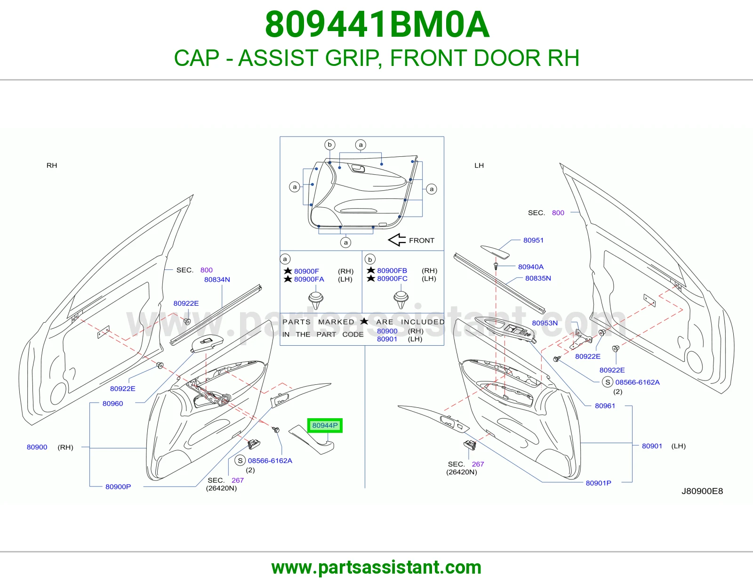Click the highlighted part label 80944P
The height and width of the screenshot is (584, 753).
325,425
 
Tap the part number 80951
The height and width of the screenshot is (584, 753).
533,240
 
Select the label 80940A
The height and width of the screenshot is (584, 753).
530,267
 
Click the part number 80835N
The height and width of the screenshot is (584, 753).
538,278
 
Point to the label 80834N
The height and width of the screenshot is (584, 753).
217,279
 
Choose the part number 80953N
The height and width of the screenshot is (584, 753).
545,323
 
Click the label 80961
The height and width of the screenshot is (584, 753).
605,406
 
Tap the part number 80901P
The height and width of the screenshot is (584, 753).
598,483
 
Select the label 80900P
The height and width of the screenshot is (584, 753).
118,487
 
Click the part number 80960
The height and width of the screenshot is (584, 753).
112,403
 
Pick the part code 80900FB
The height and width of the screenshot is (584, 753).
392,270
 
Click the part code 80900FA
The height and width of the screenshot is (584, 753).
309,279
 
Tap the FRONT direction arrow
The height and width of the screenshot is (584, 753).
397,240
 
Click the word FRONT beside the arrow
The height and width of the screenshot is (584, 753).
421,240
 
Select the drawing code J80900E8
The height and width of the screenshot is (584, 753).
702,491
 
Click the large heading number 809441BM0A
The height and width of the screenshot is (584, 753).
377,24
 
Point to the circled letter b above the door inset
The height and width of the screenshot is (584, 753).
329,144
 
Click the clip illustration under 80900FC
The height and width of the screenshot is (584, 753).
401,299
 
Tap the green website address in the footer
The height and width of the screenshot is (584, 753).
376,568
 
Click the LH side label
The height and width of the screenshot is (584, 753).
479,165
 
